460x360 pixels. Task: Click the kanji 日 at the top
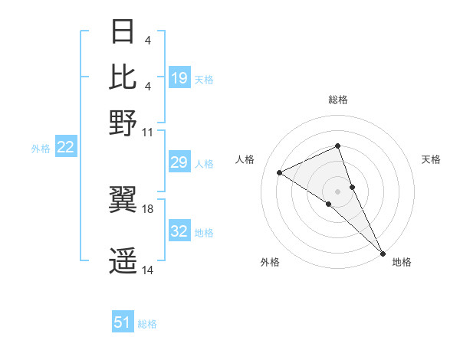pyautogui.click(x=123, y=33)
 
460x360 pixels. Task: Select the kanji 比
pyautogui.click(x=123, y=77)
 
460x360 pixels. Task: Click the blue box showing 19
pyautogui.click(x=179, y=78)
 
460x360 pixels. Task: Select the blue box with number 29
pyautogui.click(x=179, y=162)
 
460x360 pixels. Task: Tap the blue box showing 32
pyautogui.click(x=179, y=231)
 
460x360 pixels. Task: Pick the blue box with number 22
pyautogui.click(x=65, y=147)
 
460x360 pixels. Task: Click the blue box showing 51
pyautogui.click(x=123, y=323)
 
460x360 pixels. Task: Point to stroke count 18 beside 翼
pyautogui.click(x=147, y=208)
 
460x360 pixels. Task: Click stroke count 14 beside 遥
pyautogui.click(x=147, y=270)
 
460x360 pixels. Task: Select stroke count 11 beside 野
pyautogui.click(x=147, y=132)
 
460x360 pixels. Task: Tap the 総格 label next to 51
pyautogui.click(x=147, y=324)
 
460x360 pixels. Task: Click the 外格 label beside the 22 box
pyautogui.click(x=41, y=148)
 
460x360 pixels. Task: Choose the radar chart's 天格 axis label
pyautogui.click(x=431, y=159)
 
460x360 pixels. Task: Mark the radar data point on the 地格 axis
pyautogui.click(x=383, y=251)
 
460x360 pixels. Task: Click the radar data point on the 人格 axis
pyautogui.click(x=280, y=172)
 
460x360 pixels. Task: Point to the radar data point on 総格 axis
pyautogui.click(x=337, y=146)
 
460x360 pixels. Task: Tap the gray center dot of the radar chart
pyautogui.click(x=337, y=191)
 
